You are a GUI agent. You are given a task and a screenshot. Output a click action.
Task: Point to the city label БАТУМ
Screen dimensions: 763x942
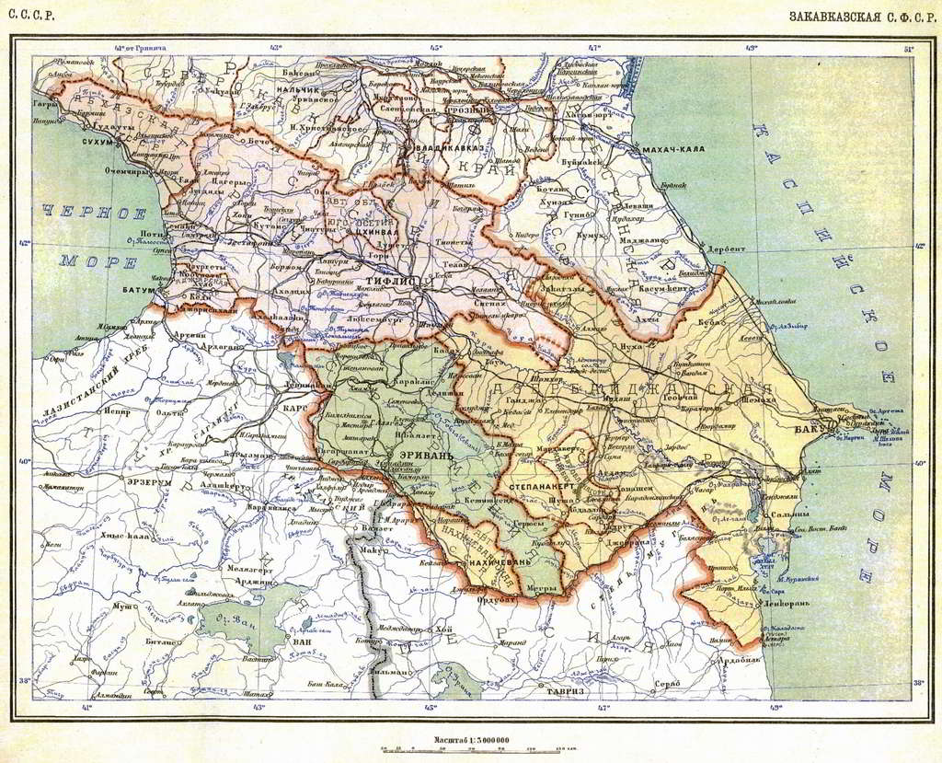point(137,289)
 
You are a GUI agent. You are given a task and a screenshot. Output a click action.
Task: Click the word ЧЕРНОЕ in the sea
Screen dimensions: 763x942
point(93,212)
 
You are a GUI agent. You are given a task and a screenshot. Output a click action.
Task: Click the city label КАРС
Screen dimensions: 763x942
point(295,407)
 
